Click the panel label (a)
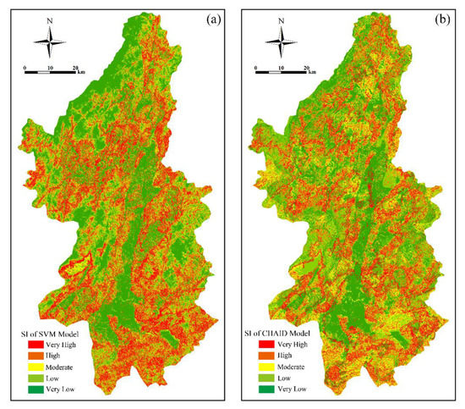(x=212, y=19)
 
